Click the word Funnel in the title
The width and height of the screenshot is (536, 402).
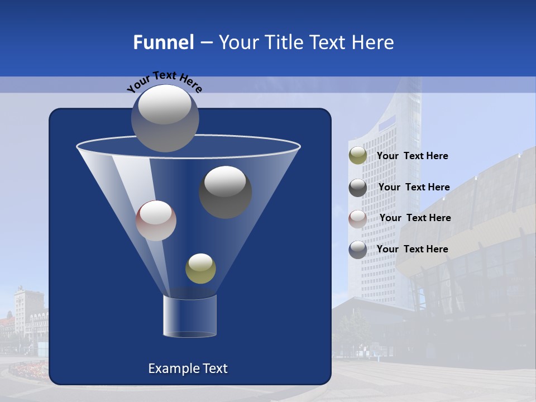[163, 42]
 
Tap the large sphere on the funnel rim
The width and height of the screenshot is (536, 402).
[165, 118]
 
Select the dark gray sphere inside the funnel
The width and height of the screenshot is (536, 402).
[225, 192]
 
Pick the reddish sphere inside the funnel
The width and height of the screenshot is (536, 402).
[156, 221]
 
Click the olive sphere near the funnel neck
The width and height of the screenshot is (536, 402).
[200, 269]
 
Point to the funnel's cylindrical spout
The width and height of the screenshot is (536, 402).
[189, 317]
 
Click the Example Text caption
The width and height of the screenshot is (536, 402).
[188, 368]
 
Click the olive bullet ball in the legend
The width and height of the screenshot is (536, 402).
[358, 156]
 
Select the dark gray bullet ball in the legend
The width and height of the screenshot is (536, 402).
[358, 188]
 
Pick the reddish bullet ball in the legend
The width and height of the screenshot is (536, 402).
[358, 218]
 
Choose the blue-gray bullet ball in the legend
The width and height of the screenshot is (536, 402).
[358, 249]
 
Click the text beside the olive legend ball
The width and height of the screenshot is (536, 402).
[412, 156]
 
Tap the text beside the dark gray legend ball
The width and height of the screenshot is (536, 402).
[414, 187]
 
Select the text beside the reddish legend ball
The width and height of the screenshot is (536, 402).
[415, 218]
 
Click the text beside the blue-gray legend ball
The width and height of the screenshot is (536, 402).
[412, 249]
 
